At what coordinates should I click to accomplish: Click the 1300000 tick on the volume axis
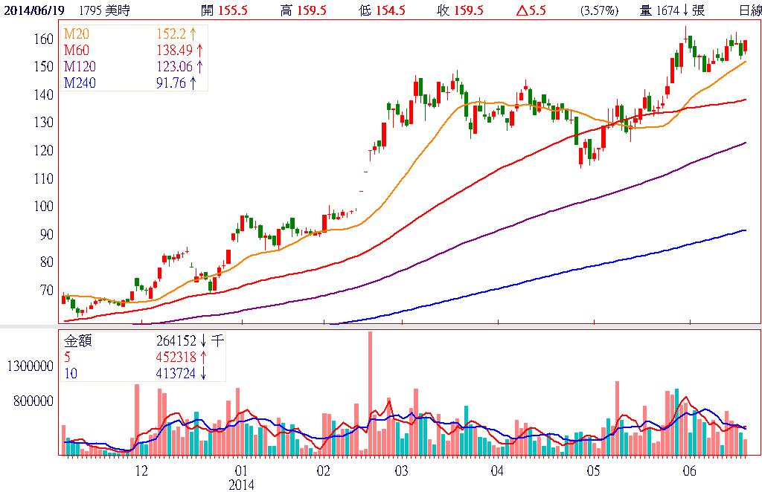[x=29, y=366]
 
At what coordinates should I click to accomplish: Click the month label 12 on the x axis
[x=141, y=471]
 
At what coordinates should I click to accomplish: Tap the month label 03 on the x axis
[x=401, y=471]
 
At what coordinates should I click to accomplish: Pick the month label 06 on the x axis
[x=689, y=471]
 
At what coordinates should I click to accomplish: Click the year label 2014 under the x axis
[x=240, y=484]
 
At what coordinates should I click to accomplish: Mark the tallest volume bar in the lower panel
[x=370, y=392]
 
